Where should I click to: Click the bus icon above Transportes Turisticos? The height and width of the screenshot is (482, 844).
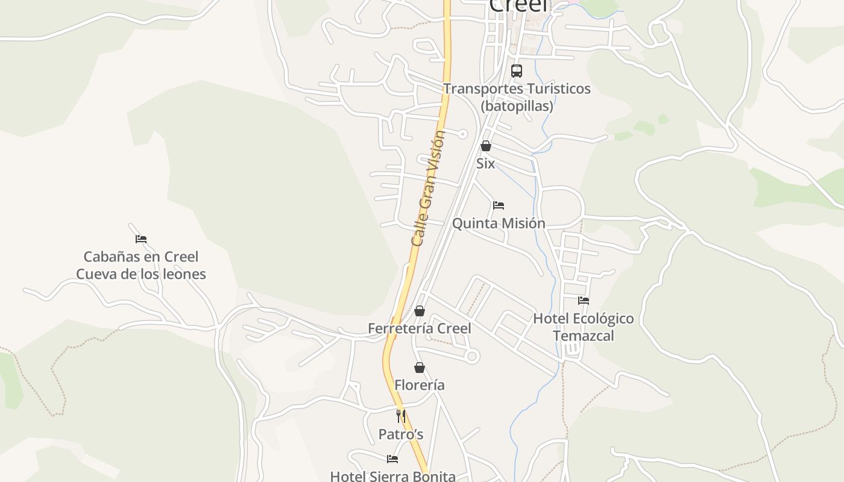click(517, 71)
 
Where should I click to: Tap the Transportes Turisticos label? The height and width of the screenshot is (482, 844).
click(517, 89)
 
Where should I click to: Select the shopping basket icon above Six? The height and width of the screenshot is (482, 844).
click(485, 146)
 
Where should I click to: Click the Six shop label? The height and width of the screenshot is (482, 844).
click(485, 163)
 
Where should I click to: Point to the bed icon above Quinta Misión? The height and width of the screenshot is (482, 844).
click(499, 205)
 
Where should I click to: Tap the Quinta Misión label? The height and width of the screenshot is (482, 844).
click(499, 224)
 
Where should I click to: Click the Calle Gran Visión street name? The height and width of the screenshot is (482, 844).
click(428, 188)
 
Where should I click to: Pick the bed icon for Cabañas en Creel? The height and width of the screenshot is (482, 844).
click(141, 239)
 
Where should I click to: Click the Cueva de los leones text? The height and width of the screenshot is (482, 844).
click(141, 274)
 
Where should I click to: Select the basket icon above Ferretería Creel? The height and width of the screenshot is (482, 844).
click(420, 311)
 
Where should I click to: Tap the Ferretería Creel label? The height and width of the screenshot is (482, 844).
click(420, 328)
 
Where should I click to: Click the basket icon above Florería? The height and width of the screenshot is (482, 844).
click(420, 368)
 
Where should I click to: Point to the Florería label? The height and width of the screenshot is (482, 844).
click(420, 385)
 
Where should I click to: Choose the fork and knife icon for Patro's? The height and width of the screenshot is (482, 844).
click(401, 416)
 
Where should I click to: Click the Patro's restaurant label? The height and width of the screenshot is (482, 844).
click(401, 434)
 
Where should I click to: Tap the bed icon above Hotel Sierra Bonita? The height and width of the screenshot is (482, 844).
click(392, 459)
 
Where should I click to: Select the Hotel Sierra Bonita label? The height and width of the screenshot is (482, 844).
click(392, 476)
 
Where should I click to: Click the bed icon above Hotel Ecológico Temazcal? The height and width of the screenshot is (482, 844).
click(583, 301)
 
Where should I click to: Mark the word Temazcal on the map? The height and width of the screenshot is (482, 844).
click(583, 336)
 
